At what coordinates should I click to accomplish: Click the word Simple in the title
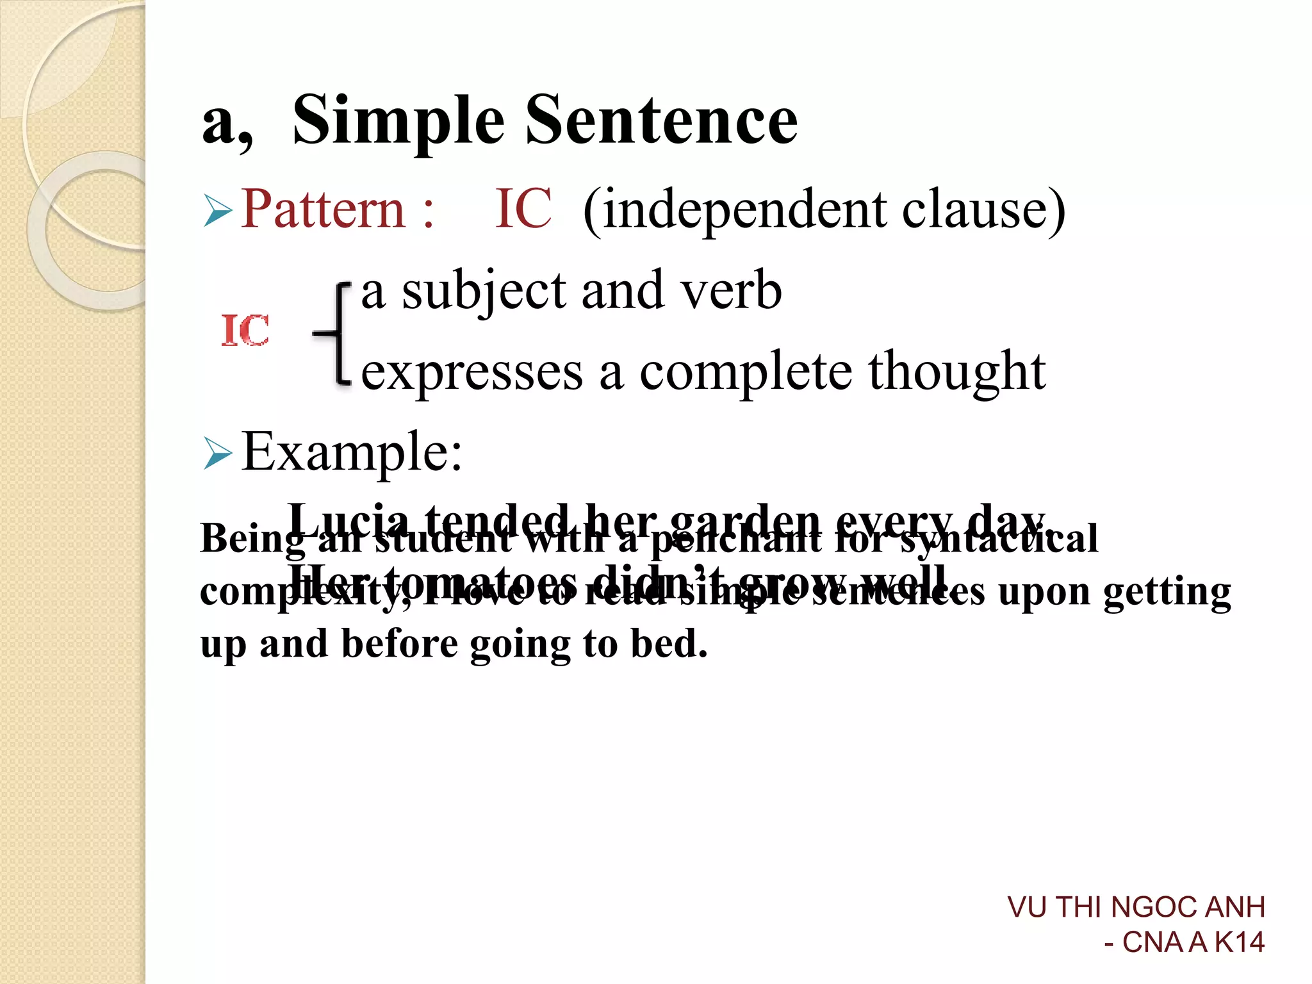coord(398,120)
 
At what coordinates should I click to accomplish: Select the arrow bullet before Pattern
coord(218,211)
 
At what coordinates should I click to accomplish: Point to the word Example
coord(351,452)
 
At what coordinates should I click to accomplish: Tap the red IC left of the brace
coord(245,331)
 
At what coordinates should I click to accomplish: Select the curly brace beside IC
coord(336,333)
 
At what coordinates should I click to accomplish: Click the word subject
coord(484,292)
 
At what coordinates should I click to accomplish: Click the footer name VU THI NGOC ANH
coord(1136,907)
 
